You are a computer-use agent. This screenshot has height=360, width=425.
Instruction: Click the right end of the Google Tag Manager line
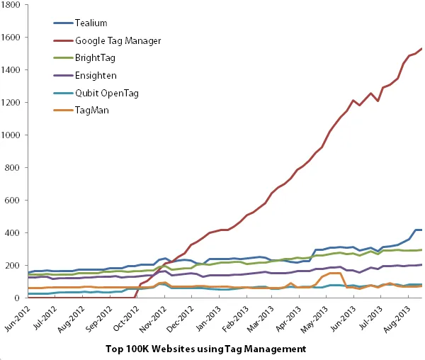pos(422,49)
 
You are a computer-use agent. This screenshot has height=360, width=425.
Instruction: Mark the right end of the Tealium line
pos(422,230)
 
